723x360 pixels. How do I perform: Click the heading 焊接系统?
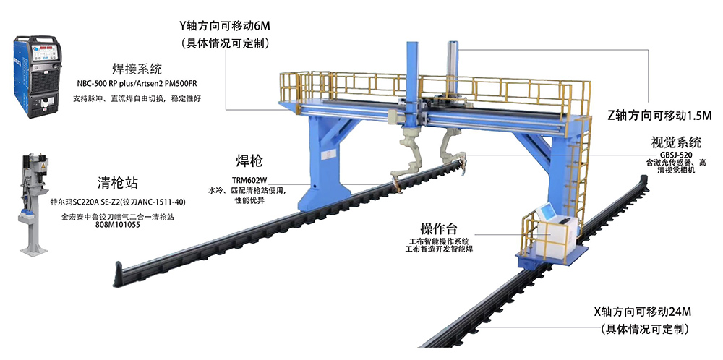pyautogui.click(x=137, y=69)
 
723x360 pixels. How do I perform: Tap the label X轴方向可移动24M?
pyautogui.click(x=643, y=312)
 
